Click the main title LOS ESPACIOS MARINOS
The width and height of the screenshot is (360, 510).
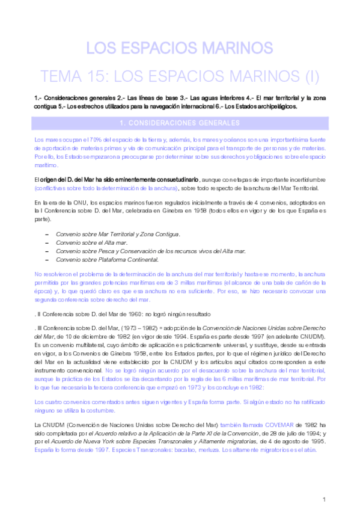coord(180,48)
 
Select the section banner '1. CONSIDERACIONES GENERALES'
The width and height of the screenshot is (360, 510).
coord(180,123)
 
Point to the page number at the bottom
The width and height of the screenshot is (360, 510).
coord(324,499)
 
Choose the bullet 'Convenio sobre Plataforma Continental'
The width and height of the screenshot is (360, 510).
coord(107,259)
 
